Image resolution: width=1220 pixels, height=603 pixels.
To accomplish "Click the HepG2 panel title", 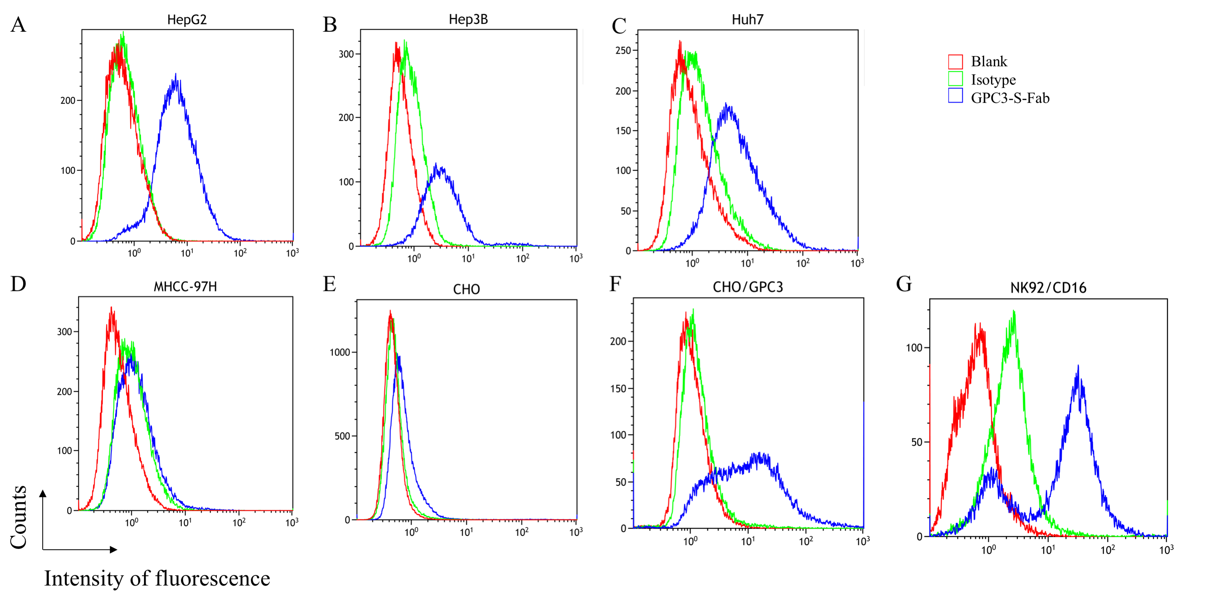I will point(187,20).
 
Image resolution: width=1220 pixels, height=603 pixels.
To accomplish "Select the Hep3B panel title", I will point(468,20).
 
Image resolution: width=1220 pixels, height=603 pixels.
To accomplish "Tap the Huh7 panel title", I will point(747,20).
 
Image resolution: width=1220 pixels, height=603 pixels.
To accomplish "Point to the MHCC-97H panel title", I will point(185,286).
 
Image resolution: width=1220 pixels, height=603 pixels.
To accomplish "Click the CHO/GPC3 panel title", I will point(748,287).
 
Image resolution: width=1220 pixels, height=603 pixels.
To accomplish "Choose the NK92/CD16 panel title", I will point(1048,288).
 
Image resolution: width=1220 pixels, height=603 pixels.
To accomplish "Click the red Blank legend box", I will point(955,61).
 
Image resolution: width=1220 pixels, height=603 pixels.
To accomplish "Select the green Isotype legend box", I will point(955,79).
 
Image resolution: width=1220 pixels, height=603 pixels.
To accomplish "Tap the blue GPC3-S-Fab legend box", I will point(955,96).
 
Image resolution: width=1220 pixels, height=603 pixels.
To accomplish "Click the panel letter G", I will point(904,284).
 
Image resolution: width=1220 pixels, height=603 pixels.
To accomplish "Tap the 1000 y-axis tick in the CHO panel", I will point(339,352).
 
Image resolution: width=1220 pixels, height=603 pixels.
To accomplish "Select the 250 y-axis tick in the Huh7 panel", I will point(623,50).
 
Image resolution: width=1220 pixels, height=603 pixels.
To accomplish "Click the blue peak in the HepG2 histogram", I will point(176,76).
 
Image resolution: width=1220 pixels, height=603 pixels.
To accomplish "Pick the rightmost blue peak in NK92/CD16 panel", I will point(1078,367).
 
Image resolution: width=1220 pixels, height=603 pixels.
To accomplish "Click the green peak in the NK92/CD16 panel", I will point(1013,312).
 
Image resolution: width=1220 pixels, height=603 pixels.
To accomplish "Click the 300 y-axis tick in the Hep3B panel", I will point(346,54).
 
